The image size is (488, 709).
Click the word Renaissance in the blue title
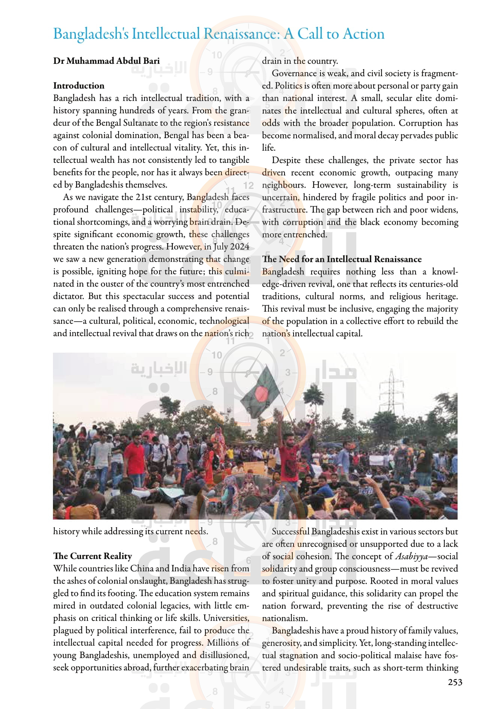(x=241, y=34)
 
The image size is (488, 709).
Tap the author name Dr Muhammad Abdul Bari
(x=106, y=61)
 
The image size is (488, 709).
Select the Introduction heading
(x=79, y=86)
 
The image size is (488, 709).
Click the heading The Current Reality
(x=92, y=556)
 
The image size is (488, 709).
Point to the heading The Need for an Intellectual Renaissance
(x=342, y=259)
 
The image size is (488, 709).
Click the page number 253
(x=455, y=682)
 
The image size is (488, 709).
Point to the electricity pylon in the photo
(x=391, y=390)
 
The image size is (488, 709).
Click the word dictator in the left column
(x=69, y=296)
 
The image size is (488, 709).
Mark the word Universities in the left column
(x=226, y=618)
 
